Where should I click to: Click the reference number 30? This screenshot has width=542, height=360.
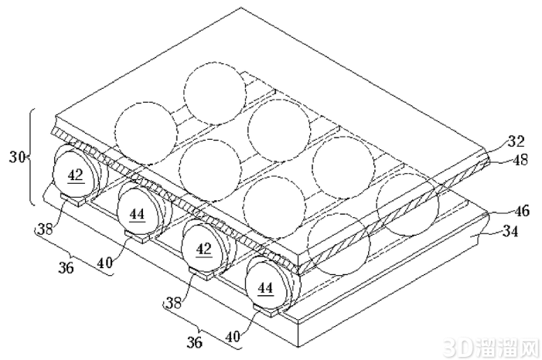click(x=17, y=158)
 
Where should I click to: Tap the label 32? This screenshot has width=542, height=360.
click(x=516, y=141)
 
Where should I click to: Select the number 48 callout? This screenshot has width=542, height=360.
click(x=520, y=160)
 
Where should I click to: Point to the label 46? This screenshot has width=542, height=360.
click(x=521, y=211)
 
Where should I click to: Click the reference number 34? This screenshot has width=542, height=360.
click(x=510, y=231)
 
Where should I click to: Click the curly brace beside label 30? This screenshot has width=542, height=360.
click(x=32, y=157)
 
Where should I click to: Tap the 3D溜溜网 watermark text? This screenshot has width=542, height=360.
click(x=491, y=348)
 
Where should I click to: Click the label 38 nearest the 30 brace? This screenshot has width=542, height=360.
click(x=45, y=229)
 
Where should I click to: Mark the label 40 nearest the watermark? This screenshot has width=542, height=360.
click(x=233, y=335)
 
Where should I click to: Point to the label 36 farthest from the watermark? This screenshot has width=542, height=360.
click(x=66, y=268)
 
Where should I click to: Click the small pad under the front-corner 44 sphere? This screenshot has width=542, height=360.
click(x=267, y=311)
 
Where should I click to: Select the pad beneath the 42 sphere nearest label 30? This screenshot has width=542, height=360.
click(x=73, y=199)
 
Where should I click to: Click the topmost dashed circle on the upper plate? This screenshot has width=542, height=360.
click(x=215, y=93)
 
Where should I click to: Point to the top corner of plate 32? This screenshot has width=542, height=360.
click(x=240, y=8)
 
